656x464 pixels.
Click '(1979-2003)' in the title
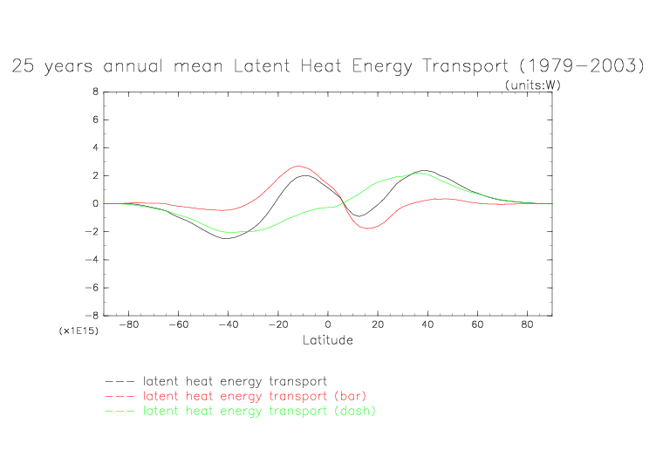[581, 66]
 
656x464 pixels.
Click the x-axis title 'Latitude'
[328, 340]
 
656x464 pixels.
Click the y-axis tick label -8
[92, 316]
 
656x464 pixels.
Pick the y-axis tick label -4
[92, 260]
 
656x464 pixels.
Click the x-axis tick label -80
[129, 325]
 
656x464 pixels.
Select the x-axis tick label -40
[229, 325]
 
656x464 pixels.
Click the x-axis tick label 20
[378, 325]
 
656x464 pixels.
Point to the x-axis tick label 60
[477, 325]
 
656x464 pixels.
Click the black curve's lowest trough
[227, 238]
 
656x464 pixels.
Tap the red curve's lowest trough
[369, 229]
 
